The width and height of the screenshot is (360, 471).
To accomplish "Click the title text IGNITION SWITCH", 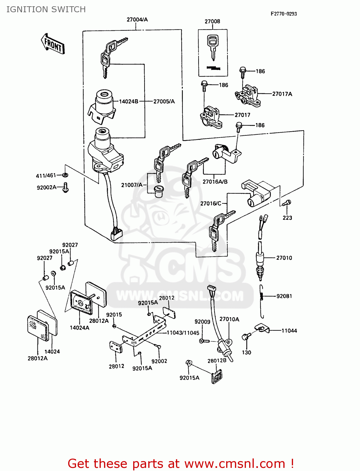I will tap(46, 9).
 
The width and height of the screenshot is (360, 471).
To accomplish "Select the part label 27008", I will tap(212, 21).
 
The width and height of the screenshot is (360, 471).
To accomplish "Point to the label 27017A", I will tap(282, 94).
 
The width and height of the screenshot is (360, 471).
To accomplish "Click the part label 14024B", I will tap(128, 101).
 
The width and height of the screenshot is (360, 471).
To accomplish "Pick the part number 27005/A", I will tap(164, 101).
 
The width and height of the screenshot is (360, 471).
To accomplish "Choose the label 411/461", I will tap(46, 176).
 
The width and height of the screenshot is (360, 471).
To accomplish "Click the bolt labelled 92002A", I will tap(66, 187).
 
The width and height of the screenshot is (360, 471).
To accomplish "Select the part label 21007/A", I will tap(132, 185).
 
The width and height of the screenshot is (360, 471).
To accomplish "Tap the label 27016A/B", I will tap(215, 182).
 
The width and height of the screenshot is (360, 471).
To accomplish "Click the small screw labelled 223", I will tap(287, 203).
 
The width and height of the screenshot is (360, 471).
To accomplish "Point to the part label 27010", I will tap(284, 258).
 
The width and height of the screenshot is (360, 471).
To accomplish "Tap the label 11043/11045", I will tap(183, 333).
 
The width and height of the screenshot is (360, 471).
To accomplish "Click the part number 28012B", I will tap(217, 361).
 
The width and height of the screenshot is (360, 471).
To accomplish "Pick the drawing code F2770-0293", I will tap(284, 14).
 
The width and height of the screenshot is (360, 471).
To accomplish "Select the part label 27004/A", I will tap(137, 19).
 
